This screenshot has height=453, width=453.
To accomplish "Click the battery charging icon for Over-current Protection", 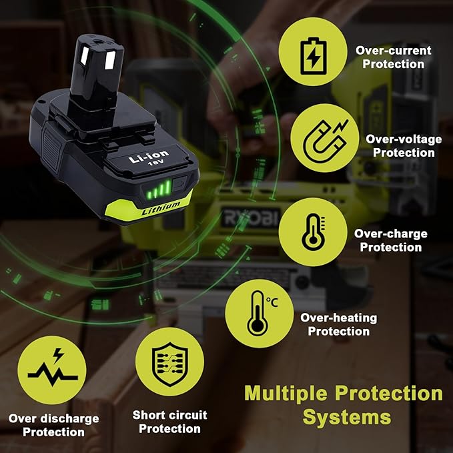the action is pos(313,56).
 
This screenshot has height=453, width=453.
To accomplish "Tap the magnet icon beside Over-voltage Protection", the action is pos(325,138).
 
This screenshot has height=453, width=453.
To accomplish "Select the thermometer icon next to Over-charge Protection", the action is pos(313,232).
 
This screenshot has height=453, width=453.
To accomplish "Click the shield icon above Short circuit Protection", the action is pos(170,364).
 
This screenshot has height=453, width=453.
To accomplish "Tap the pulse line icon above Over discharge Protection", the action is pos(53,368).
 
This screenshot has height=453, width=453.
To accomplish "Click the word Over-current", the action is pos(393,51).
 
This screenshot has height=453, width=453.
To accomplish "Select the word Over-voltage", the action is pos(404,139).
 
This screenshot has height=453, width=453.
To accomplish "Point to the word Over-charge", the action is pos(390,234).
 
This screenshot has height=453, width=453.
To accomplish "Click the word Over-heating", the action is pos(339,318).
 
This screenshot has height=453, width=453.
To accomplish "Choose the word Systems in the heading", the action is pos(347,418).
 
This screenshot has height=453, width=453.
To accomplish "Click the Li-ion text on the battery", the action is pos(148,156).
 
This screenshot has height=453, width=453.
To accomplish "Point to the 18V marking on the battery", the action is pos(155,163).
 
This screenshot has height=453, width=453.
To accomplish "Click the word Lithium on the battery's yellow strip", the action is pos(161,207).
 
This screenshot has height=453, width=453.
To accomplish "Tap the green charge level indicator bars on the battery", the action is pos(159,189).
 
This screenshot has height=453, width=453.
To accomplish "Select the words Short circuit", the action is pos(170,415).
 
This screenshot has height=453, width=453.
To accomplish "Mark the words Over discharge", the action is pos(54,418).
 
